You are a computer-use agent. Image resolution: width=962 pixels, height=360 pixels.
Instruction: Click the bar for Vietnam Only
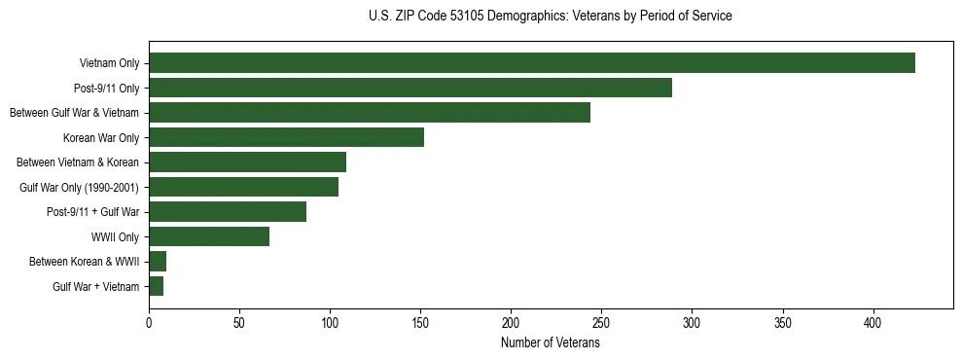(x=532, y=63)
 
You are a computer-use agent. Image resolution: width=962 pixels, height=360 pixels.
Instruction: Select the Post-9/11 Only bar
(x=410, y=88)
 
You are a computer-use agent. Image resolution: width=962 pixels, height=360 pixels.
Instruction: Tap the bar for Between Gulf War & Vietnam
(x=370, y=113)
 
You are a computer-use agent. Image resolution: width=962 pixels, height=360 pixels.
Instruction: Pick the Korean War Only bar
(x=286, y=137)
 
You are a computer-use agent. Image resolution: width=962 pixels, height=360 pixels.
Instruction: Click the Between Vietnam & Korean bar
(x=247, y=162)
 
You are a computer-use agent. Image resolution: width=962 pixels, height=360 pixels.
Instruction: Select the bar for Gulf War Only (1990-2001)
(x=243, y=187)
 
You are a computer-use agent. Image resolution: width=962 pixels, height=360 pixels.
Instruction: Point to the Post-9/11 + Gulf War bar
(x=228, y=212)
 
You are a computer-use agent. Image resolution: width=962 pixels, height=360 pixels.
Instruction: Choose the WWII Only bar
(x=209, y=236)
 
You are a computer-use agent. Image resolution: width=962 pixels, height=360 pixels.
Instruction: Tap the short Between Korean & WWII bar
(x=158, y=262)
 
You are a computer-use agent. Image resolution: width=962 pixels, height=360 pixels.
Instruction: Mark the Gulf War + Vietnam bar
(x=156, y=286)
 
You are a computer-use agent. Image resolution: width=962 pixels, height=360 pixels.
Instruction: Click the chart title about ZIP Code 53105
(x=551, y=17)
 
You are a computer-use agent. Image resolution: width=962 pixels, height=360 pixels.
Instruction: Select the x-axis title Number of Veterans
(x=551, y=343)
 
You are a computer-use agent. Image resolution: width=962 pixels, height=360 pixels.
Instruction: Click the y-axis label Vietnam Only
(x=109, y=64)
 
